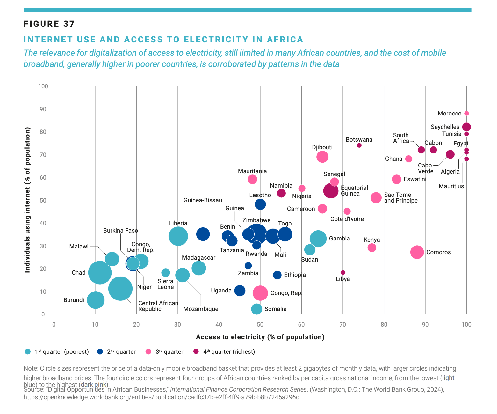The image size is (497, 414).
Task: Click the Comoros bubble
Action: (x=417, y=252)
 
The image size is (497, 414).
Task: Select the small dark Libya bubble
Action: (x=343, y=273)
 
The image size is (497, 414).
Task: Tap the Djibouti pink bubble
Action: (x=322, y=157)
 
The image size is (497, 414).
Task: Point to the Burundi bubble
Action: (x=96, y=300)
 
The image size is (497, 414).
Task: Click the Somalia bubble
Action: (x=256, y=309)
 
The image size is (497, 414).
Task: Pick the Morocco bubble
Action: (x=466, y=114)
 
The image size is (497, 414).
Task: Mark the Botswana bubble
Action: (x=359, y=145)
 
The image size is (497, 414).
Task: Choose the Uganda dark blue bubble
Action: (x=240, y=291)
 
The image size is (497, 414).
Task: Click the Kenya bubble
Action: (x=371, y=248)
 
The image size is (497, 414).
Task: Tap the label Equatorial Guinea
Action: (x=354, y=191)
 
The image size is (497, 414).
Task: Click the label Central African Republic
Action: (x=158, y=306)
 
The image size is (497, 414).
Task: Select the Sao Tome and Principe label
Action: (x=400, y=197)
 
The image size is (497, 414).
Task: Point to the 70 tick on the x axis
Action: (x=342, y=325)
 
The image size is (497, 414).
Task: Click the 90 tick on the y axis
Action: (x=43, y=109)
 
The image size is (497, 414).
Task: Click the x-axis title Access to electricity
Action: (x=260, y=337)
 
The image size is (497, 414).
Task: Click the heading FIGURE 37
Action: (x=49, y=24)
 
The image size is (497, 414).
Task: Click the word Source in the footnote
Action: (x=33, y=389)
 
